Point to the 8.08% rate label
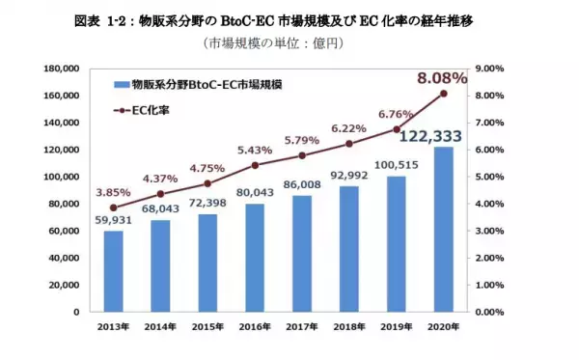(443, 77)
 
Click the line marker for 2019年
(397, 129)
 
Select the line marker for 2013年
(114, 208)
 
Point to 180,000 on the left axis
(64, 69)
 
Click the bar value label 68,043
(161, 208)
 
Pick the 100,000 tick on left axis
(64, 177)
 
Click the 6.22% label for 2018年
(349, 127)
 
